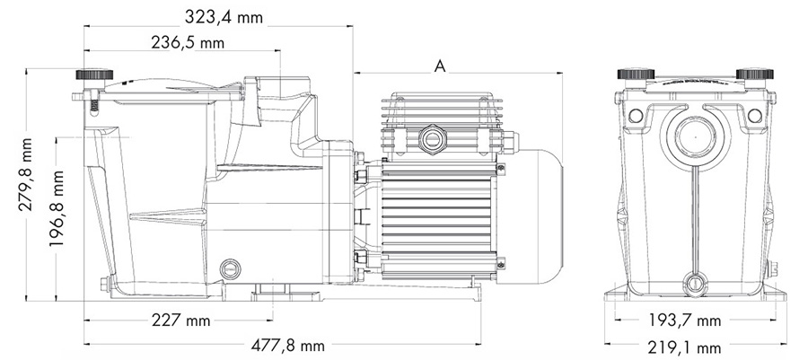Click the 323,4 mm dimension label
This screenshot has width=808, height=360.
[x=224, y=16]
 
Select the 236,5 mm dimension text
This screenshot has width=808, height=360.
[x=187, y=41]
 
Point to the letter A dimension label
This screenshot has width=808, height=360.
[x=440, y=65]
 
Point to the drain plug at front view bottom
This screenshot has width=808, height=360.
[x=696, y=284]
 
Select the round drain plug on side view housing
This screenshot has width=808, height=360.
[x=231, y=268]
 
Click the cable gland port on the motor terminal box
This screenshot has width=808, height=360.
[x=430, y=138]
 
